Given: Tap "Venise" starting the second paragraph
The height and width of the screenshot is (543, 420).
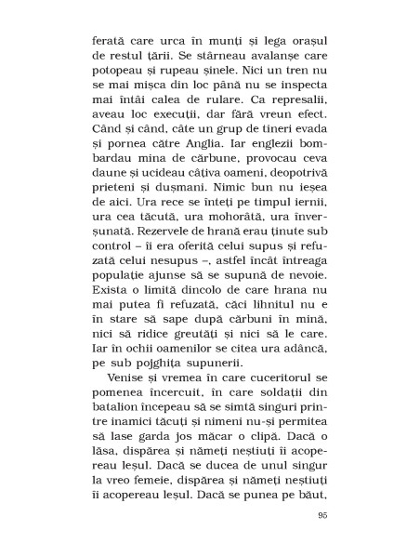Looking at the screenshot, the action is click(129, 386).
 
